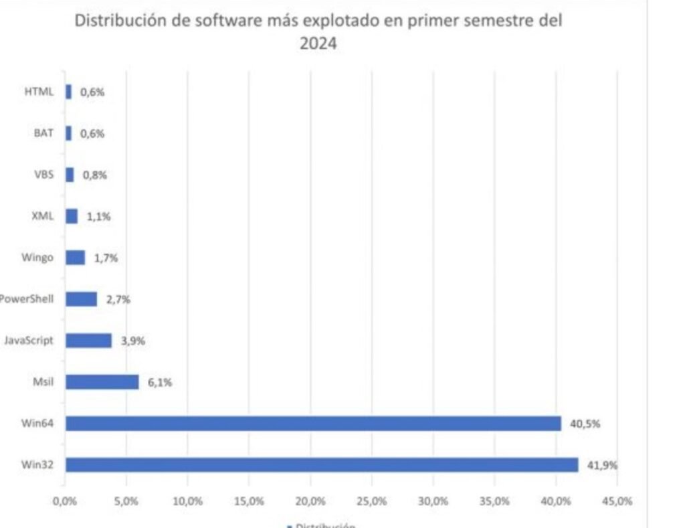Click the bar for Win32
[321, 464]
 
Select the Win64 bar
[313, 423]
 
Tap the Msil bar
[102, 381]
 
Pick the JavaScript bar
[88, 340]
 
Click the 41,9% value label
[600, 465]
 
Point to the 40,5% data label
[583, 424]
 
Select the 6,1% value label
[160, 382]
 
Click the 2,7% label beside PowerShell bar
[118, 299]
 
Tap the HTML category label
[38, 92]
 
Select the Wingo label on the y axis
[37, 258]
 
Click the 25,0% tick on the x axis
[372, 501]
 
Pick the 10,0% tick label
[188, 501]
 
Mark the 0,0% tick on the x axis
[65, 501]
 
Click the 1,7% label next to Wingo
[106, 258]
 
